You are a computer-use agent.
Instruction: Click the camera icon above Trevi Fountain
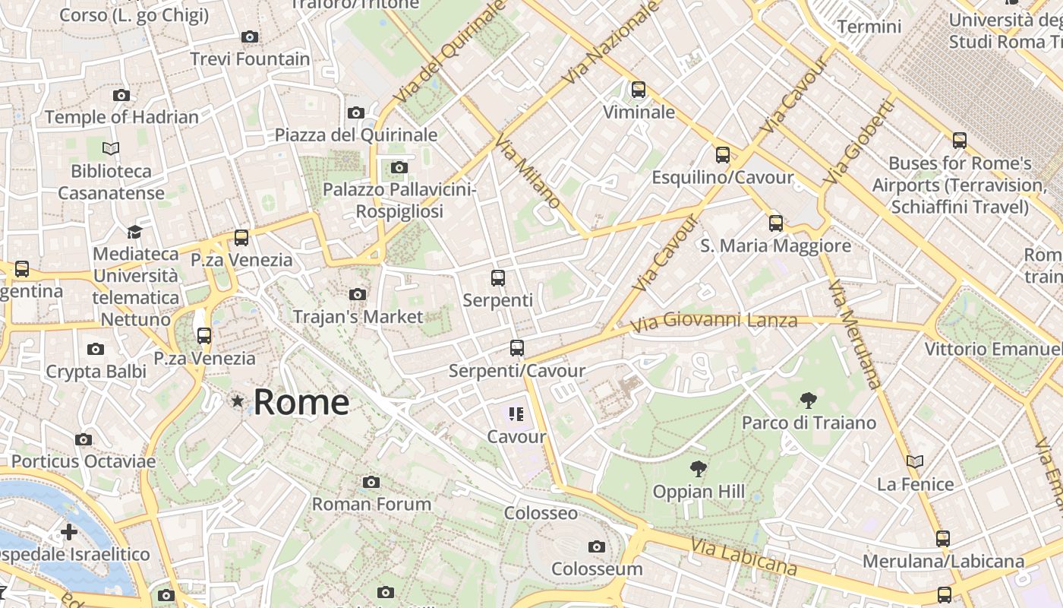[249, 36]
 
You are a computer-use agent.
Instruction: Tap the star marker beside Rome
[238, 401]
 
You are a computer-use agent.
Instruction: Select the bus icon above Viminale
[639, 90]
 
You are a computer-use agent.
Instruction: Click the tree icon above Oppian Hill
[698, 468]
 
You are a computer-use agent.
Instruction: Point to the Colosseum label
[597, 568]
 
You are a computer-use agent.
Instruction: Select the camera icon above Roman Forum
[371, 482]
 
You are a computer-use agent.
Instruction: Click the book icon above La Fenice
[915, 461]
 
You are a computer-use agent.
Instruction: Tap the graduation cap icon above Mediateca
[134, 232]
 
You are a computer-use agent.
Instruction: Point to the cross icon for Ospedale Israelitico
[69, 531]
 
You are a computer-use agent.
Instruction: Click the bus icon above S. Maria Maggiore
[775, 223]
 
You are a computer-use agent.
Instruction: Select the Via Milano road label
[528, 171]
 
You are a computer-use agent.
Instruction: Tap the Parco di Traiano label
[809, 423]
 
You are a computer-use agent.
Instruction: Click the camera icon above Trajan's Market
[358, 294]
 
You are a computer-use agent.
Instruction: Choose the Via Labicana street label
[743, 557]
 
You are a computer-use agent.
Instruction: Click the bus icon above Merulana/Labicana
[943, 539]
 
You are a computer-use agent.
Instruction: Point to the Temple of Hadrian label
[121, 117]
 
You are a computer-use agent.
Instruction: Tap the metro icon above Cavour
[516, 414]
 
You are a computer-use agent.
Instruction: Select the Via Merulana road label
[855, 334]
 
